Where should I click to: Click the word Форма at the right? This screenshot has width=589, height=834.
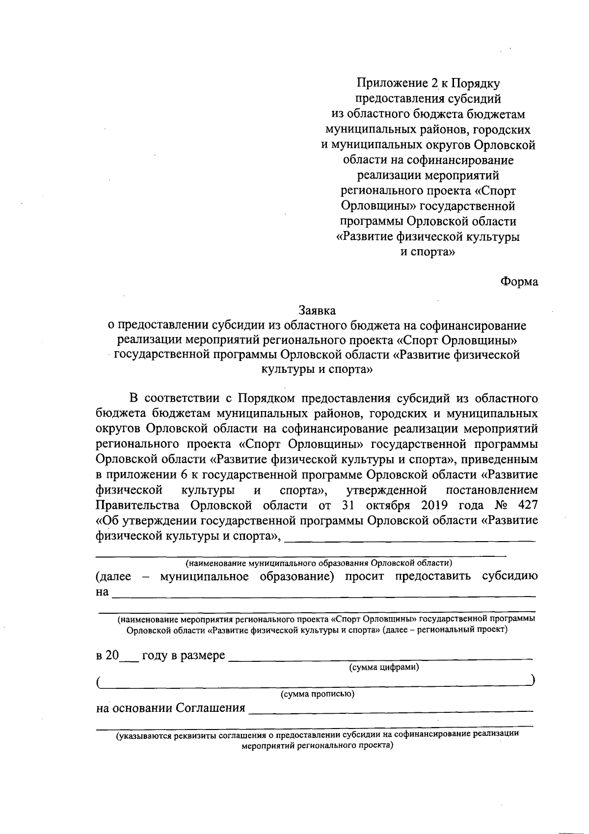(519, 282)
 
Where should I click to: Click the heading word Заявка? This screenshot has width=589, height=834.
(317, 311)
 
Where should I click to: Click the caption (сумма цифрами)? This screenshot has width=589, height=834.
(383, 667)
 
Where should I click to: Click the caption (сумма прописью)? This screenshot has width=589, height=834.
(317, 694)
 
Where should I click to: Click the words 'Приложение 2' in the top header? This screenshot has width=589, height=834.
(396, 84)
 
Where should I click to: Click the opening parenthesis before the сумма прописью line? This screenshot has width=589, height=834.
(99, 682)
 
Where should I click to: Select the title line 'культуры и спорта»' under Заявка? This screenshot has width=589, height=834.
(318, 369)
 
